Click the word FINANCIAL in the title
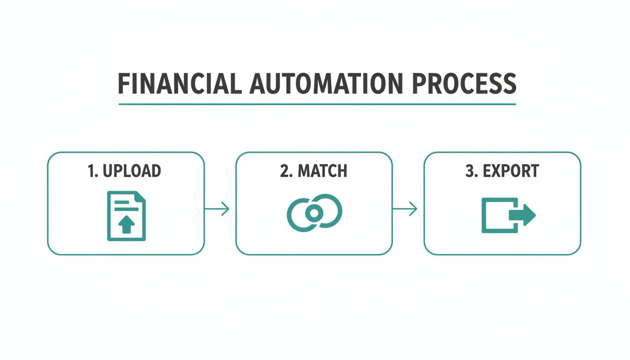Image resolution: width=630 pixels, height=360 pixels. (x=179, y=84)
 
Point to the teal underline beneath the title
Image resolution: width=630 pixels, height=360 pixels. (x=317, y=104)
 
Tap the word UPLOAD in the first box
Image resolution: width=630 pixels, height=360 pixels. (x=131, y=171)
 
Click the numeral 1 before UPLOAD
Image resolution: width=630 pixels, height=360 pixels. (x=91, y=171)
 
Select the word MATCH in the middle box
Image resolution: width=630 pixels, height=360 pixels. (x=322, y=171)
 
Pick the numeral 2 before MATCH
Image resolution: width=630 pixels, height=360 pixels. (x=284, y=171)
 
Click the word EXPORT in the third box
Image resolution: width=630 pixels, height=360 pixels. (x=510, y=171)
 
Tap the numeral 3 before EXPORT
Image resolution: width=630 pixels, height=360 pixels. (x=470, y=171)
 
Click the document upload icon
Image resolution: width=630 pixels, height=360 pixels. (x=126, y=216)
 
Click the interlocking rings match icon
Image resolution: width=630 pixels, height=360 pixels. (x=314, y=213)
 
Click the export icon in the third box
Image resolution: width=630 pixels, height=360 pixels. (x=508, y=215)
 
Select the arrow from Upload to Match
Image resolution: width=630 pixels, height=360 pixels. (x=217, y=209)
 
